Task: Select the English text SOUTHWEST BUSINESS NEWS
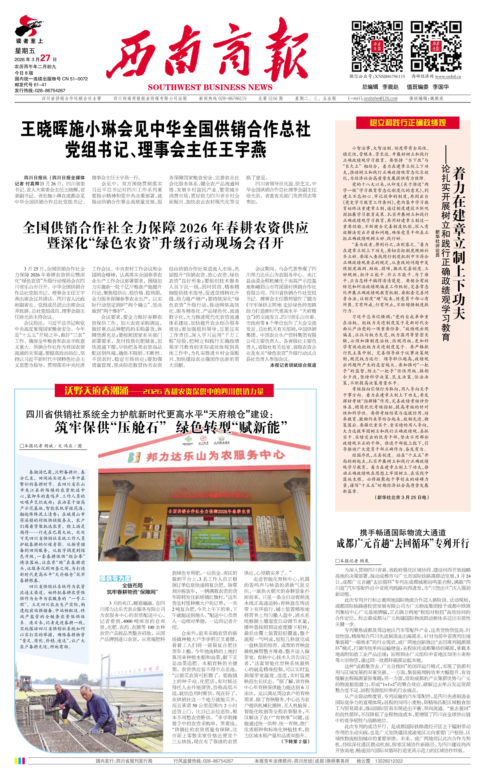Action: click(210, 87)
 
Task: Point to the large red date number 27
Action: click(45, 58)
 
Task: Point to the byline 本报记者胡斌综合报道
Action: click(293, 365)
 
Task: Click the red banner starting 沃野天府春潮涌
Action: click(164, 391)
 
